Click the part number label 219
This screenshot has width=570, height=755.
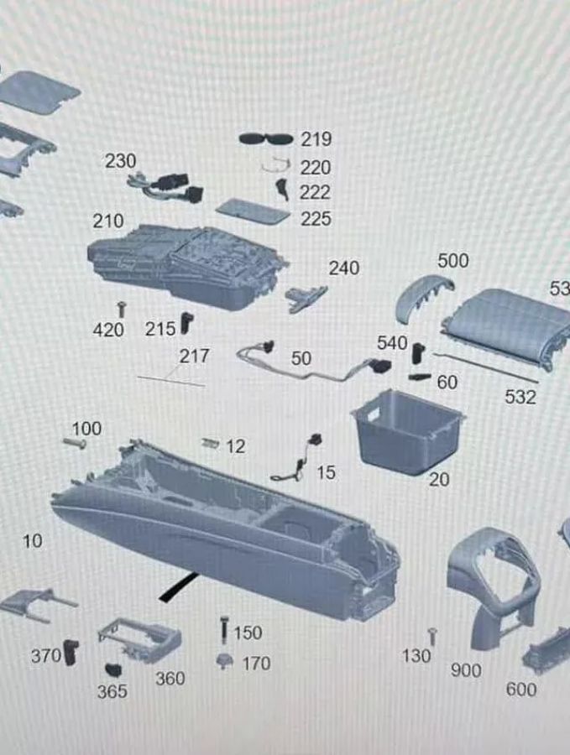316,139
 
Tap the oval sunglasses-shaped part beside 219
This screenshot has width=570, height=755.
266,138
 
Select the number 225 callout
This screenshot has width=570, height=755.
316,219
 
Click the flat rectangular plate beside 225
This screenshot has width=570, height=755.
253,211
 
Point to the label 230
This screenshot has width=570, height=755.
120,160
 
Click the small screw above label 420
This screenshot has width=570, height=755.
122,310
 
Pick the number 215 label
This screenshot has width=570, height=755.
160,329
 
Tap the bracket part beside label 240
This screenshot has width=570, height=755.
305,296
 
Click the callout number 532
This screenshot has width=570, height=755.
520,397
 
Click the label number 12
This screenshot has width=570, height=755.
236,447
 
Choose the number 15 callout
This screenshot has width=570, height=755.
326,473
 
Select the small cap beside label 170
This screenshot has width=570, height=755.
223,661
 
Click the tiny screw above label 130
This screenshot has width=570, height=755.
431,637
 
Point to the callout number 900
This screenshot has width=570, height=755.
466,670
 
